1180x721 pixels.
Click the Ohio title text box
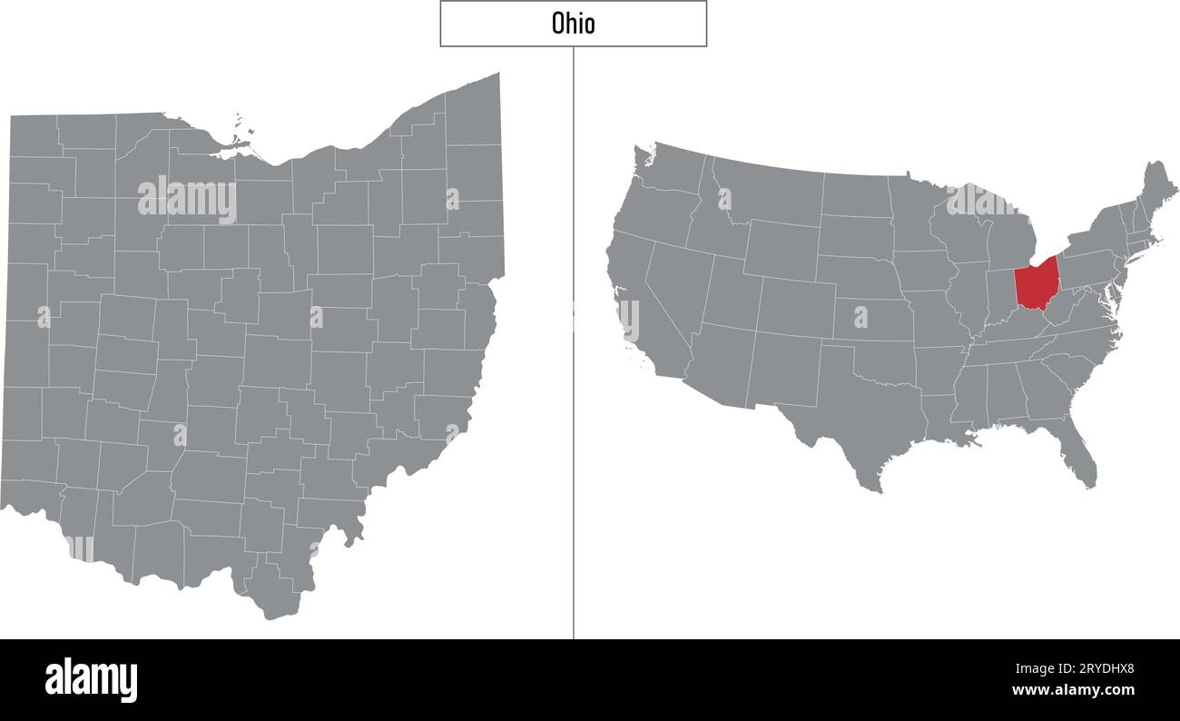coord(573,24)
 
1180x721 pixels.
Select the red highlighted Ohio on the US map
coord(1036,283)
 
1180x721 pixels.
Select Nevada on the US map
coord(676,281)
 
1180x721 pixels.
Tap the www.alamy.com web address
coord(1074,691)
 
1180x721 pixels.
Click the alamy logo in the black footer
coord(91,679)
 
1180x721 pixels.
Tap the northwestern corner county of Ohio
coord(34,136)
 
